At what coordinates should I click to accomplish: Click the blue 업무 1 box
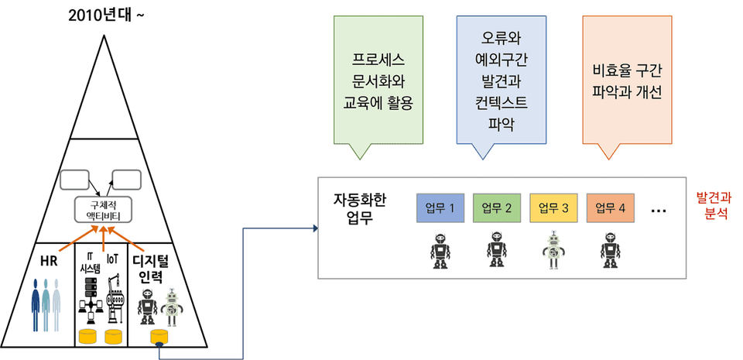coord(440,207)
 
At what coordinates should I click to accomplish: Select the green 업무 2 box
coord(496,207)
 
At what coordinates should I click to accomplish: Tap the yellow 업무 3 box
coord(553,207)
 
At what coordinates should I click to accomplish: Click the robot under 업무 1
coord(440,250)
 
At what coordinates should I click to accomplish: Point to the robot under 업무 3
coord(553,250)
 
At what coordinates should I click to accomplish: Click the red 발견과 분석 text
coord(712,204)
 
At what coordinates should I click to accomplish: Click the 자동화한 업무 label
coord(358,207)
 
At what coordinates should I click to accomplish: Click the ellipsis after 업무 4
coord(659,209)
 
